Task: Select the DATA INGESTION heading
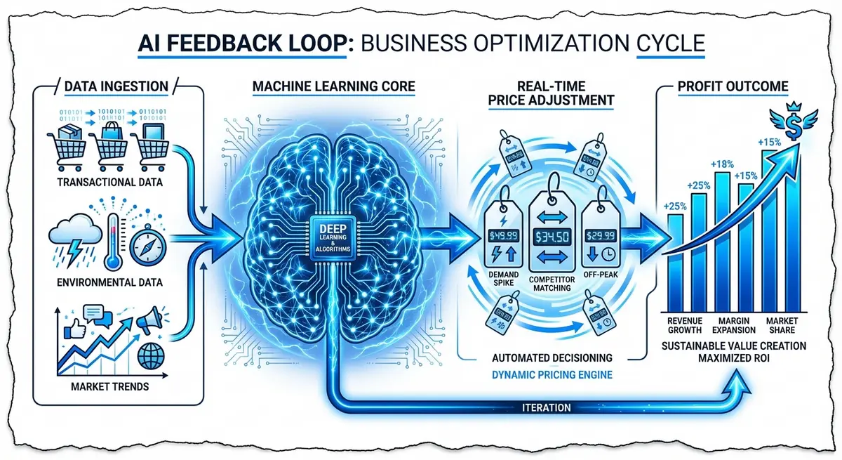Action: point(116,87)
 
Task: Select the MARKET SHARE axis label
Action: point(780,326)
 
